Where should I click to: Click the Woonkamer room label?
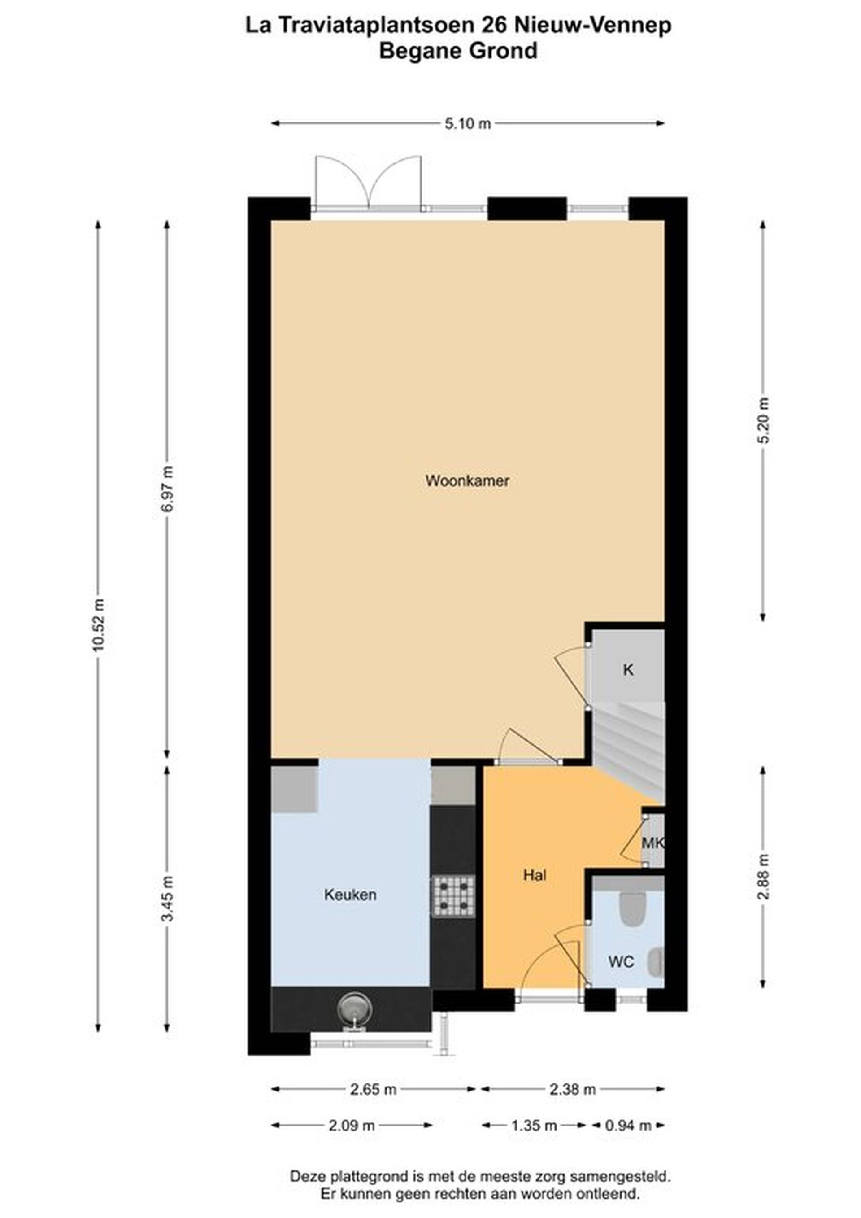[467, 481]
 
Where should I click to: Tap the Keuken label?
[350, 895]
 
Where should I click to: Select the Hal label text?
[535, 875]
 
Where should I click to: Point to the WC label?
[621, 962]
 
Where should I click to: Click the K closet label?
[628, 670]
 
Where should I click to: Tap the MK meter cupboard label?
[652, 843]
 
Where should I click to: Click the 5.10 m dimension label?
[468, 124]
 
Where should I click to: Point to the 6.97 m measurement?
[168, 489]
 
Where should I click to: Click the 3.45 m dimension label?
[168, 899]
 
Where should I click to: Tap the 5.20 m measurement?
[763, 420]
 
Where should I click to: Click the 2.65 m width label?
[373, 1090]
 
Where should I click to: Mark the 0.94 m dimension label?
[628, 1126]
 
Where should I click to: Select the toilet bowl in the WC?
[632, 909]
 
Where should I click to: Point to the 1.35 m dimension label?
[534, 1126]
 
